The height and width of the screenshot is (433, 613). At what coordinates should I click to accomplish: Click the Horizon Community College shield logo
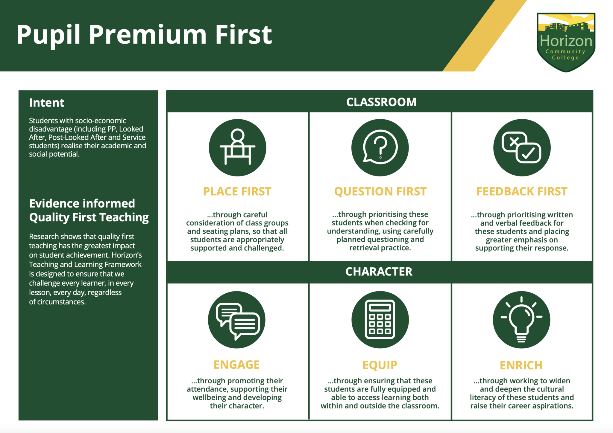pos(566,42)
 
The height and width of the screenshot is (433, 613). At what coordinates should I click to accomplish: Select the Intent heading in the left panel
pos(47,103)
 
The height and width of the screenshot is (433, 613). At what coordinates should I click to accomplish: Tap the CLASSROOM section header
pos(381,102)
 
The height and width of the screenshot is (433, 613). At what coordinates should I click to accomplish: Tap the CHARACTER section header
pos(379,272)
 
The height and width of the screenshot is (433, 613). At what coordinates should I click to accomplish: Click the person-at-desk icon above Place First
pos(237,147)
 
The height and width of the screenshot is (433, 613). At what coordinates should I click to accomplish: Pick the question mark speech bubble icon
pos(380,147)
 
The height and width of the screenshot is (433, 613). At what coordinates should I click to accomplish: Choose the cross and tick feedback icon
pos(522,147)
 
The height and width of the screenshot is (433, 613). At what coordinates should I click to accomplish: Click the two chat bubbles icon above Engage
pos(237,320)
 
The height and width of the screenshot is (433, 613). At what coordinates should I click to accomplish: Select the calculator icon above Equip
pos(380,319)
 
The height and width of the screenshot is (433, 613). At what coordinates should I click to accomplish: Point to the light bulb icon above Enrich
pos(521,320)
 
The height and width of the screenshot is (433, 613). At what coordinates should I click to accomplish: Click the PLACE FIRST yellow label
pos(237,191)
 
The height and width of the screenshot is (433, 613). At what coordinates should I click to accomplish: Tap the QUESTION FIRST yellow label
pos(380,191)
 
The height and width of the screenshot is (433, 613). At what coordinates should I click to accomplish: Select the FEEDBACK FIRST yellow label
pos(522,191)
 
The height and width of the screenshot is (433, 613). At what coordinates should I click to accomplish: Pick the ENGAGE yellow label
pos(236,365)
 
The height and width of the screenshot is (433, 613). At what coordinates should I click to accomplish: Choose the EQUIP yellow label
pos(380,365)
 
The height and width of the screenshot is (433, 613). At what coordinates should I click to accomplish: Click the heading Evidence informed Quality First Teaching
pos(89,210)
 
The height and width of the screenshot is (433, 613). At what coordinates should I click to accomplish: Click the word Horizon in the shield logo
pos(566,41)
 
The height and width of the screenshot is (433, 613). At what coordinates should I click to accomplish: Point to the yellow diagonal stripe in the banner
pos(485,36)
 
